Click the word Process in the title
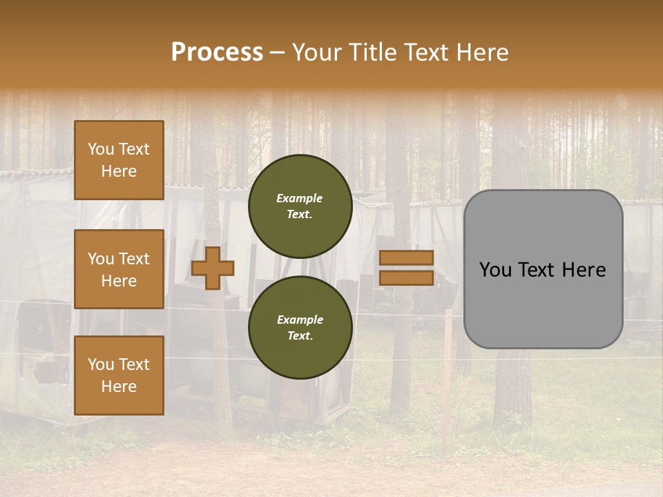[x=217, y=52]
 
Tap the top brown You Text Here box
[x=119, y=160]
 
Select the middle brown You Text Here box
[x=119, y=269]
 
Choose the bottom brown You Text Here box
[x=119, y=376]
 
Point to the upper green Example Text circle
[x=300, y=206]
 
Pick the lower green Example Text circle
[x=300, y=327]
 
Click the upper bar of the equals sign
[x=407, y=257]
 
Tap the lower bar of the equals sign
[x=407, y=277]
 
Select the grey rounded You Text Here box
[x=543, y=269]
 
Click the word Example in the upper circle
[x=299, y=198]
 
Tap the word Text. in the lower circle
[x=300, y=335]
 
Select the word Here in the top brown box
[x=119, y=171]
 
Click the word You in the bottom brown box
[x=100, y=364]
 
